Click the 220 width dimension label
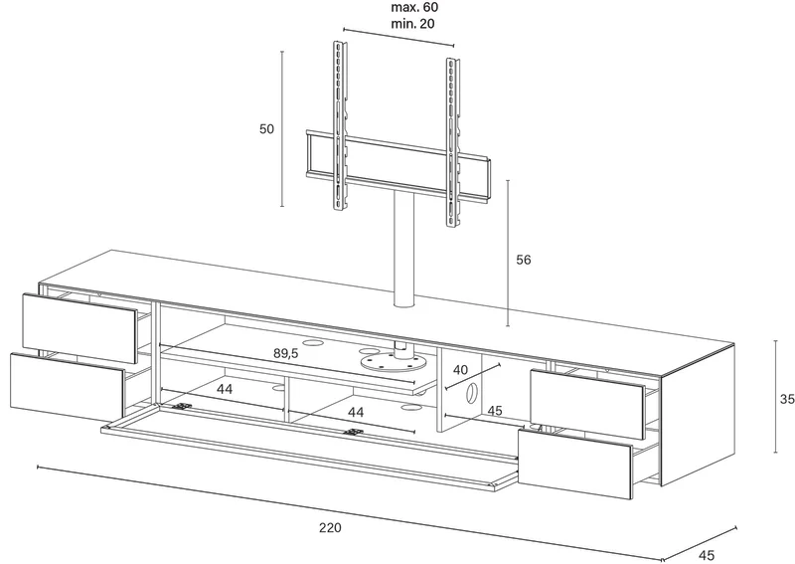(x=330, y=527)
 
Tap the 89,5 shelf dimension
(x=286, y=353)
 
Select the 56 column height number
(x=524, y=260)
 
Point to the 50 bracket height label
(x=266, y=129)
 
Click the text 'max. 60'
(x=414, y=7)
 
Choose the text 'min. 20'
(x=412, y=24)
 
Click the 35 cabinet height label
(x=787, y=400)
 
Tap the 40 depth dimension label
(x=460, y=370)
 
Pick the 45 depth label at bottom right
(x=707, y=555)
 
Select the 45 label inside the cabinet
(x=494, y=410)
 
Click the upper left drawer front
(x=80, y=327)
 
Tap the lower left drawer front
(x=68, y=387)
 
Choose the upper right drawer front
(x=587, y=404)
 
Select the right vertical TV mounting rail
(x=453, y=142)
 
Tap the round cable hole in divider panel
(x=471, y=394)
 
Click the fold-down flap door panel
(x=309, y=445)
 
